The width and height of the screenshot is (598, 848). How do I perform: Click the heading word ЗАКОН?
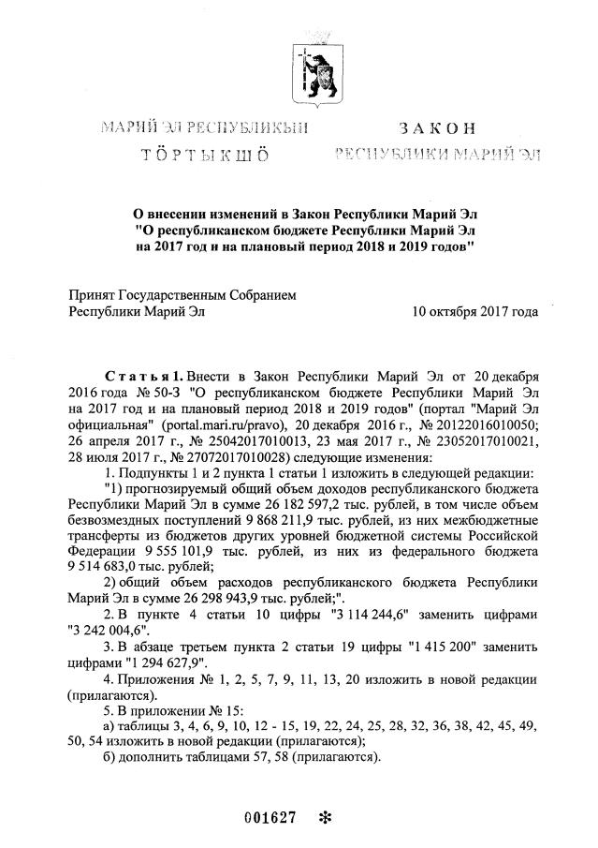[x=436, y=128]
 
